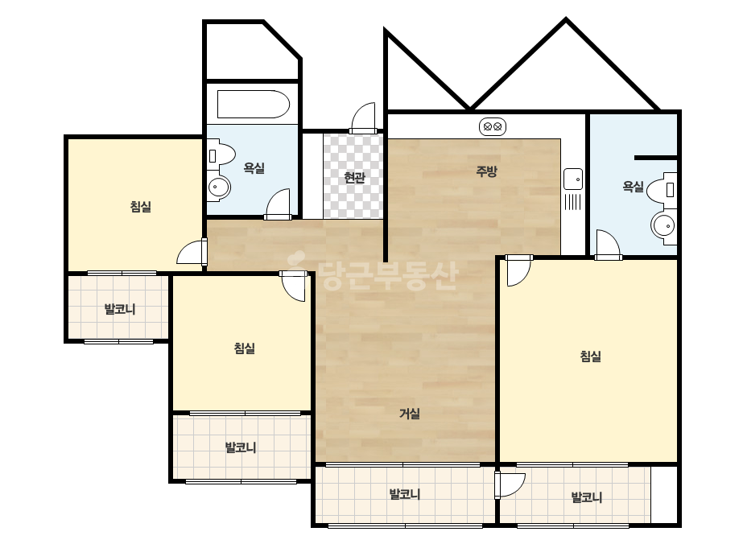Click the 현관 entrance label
(354, 178)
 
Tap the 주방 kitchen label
(486, 171)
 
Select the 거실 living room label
(410, 414)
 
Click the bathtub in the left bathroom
(253, 105)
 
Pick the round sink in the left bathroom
(218, 188)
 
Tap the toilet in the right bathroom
(663, 188)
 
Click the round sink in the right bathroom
(663, 226)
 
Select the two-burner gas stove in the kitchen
(493, 127)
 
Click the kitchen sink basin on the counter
(573, 179)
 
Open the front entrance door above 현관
(363, 118)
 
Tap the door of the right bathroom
(608, 245)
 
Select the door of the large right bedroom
(518, 270)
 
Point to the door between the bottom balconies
(510, 484)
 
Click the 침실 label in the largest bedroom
(590, 356)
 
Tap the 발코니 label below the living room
(405, 494)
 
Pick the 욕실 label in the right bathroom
(633, 187)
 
